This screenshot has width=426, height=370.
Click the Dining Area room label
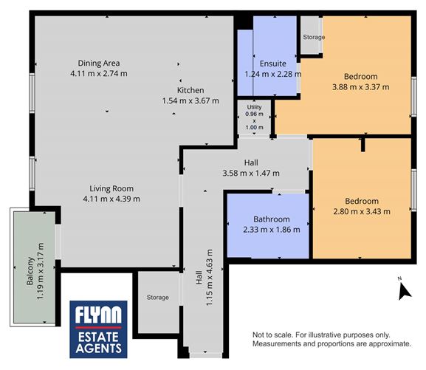[99, 63]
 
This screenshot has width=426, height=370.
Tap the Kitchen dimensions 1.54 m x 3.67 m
[191, 101]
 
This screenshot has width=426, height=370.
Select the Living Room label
[111, 188]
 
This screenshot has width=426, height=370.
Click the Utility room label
[254, 108]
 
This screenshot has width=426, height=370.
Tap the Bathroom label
[272, 219]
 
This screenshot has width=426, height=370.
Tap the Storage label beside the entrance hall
[157, 298]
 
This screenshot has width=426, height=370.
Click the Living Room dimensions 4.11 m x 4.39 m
[111, 198]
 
